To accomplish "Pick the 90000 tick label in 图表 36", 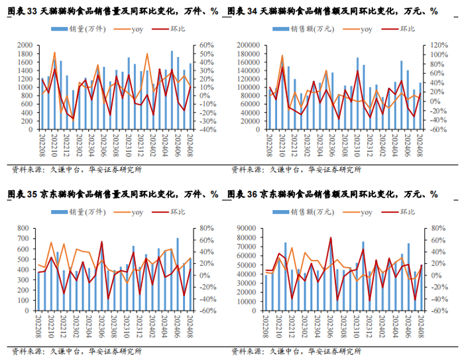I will [246, 229].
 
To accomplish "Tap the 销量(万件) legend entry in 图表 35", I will [81, 212].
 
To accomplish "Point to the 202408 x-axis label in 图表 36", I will [420, 328].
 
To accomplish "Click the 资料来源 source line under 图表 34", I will [296, 169].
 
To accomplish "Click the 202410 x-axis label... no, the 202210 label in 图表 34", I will [282, 145].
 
